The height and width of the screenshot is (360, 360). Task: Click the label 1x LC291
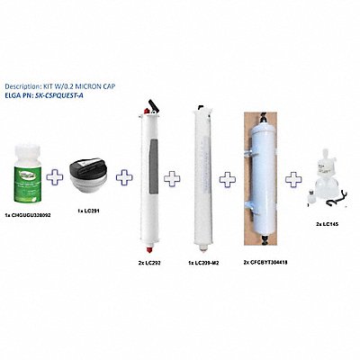(x=87, y=210)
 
